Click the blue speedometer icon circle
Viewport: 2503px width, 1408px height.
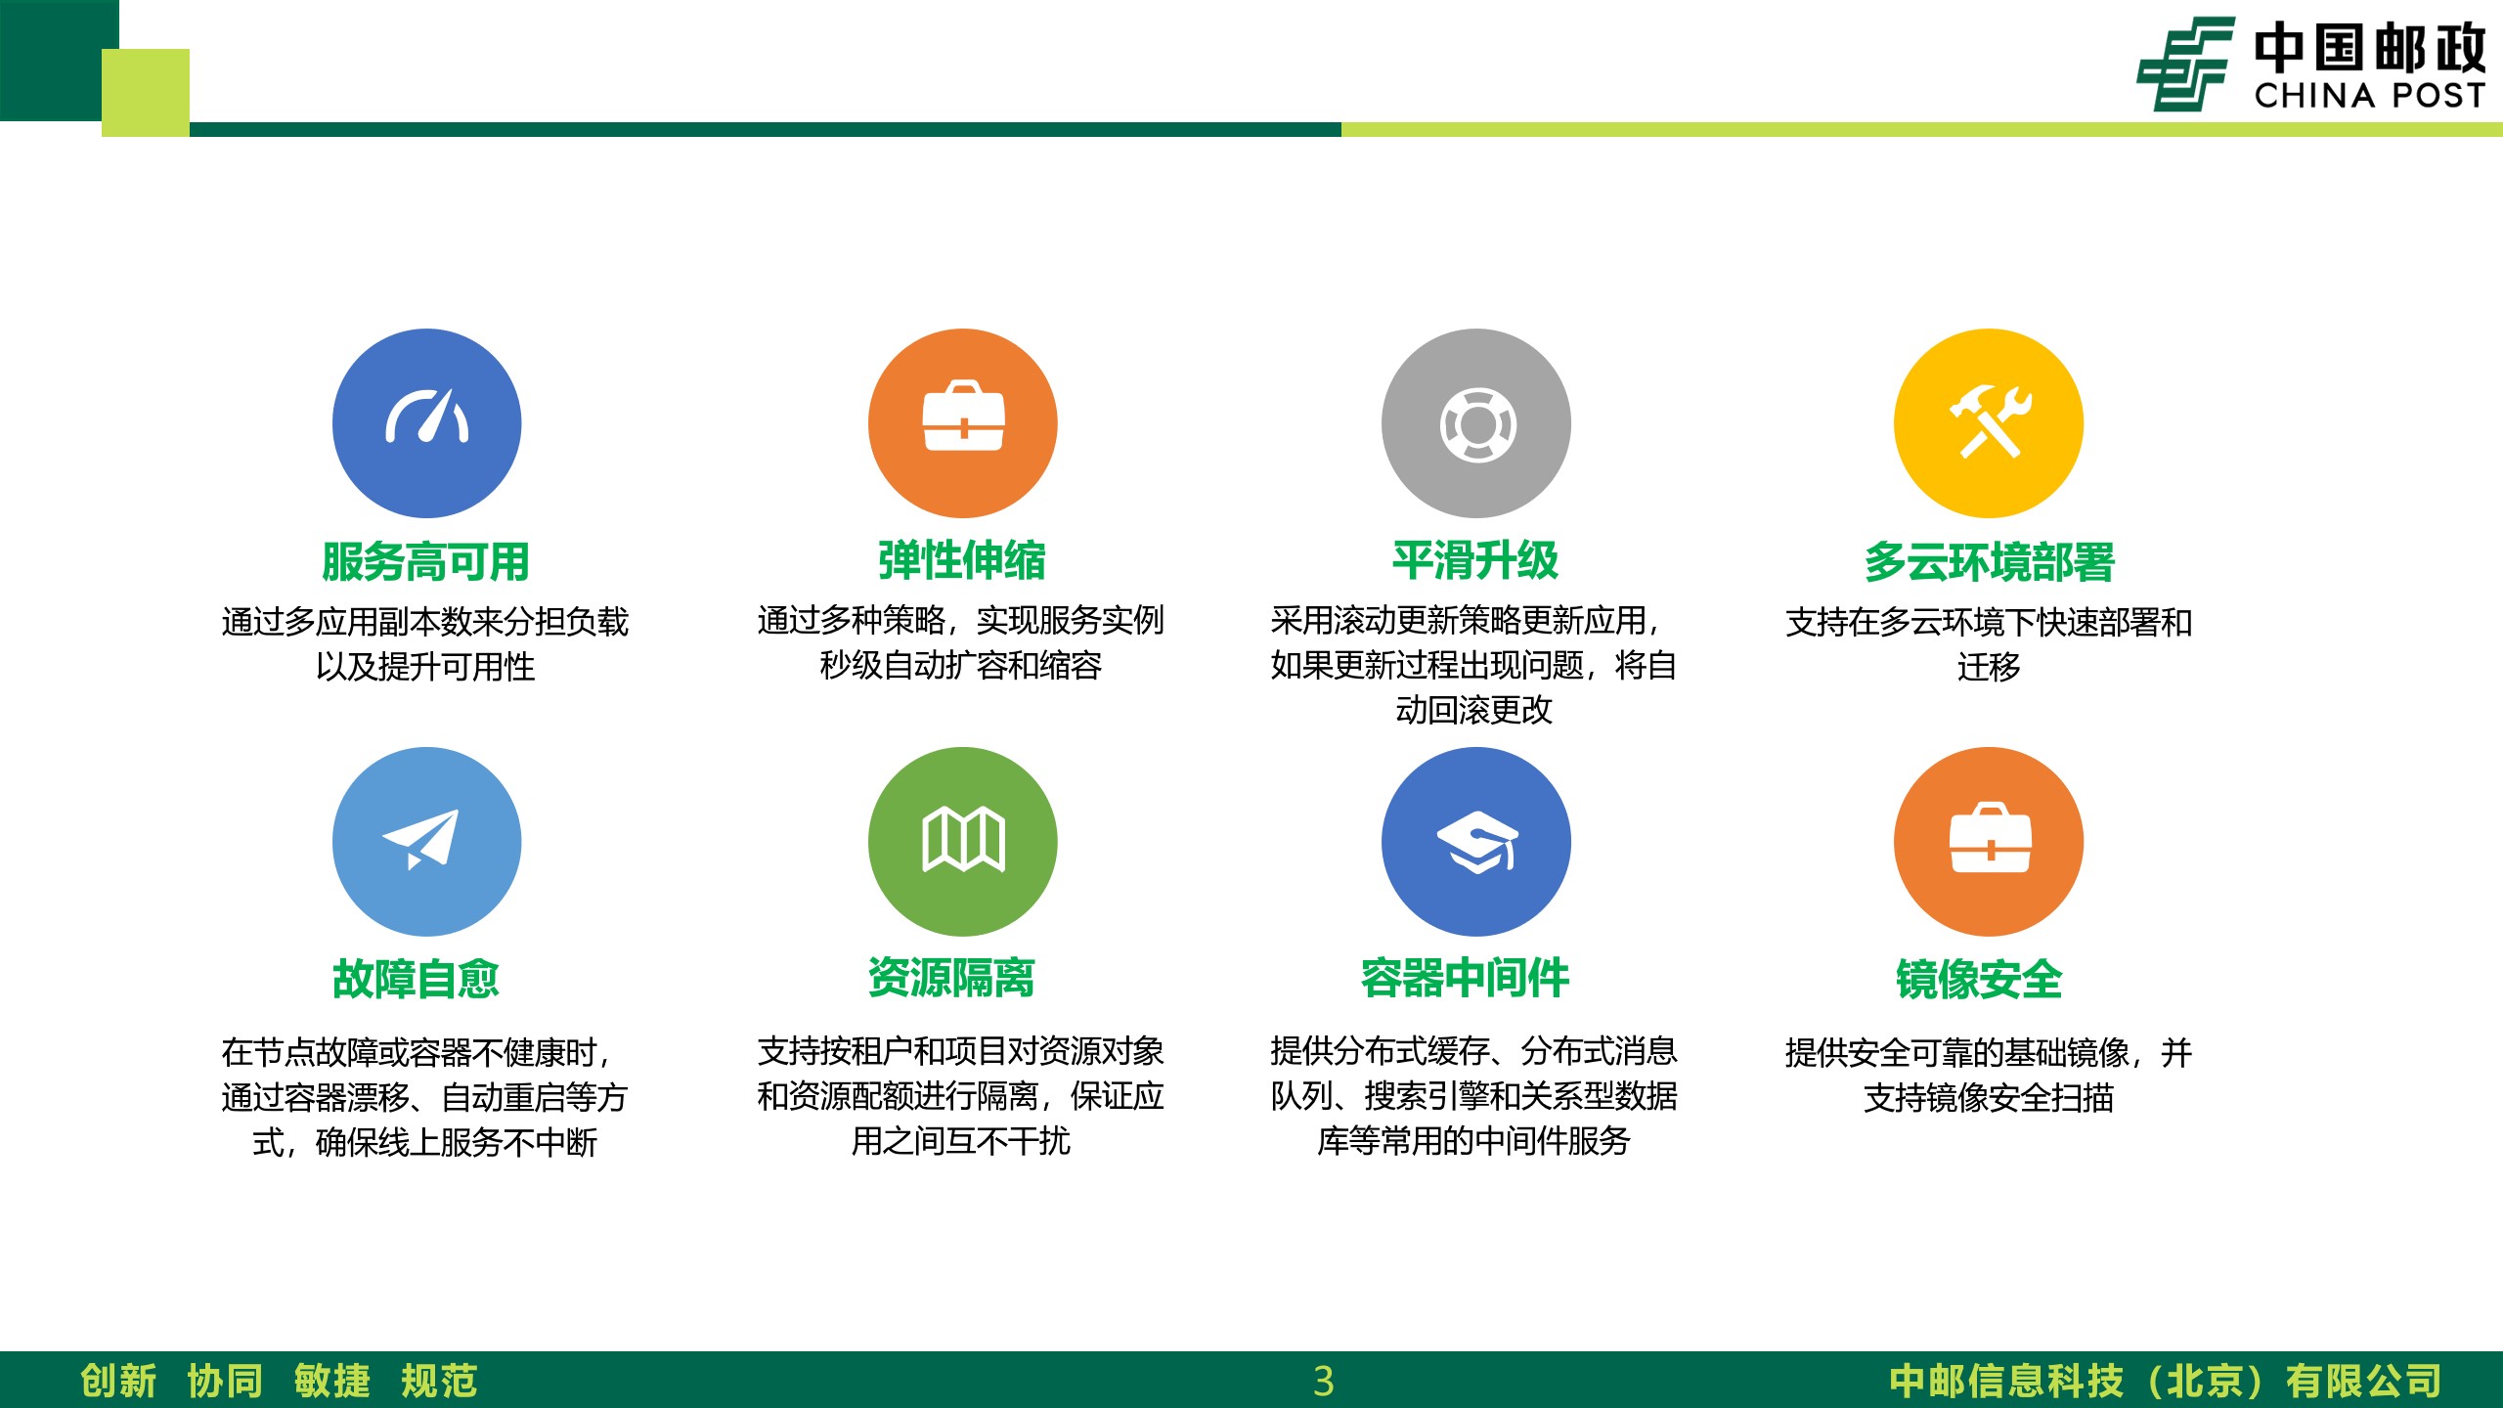(426, 423)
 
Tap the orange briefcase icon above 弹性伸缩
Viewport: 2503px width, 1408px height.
(963, 423)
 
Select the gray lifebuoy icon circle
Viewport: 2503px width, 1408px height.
(1476, 423)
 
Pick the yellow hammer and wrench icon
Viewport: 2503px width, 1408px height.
(1989, 423)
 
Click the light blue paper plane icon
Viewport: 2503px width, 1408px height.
(426, 842)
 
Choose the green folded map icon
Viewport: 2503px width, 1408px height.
(963, 842)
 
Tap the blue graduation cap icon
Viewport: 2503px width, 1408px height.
(1476, 842)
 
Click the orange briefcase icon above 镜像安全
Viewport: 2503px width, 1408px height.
(1989, 842)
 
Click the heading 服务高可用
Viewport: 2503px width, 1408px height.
(426, 561)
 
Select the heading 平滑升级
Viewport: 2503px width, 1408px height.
(1475, 560)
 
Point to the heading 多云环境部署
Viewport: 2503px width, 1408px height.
(1989, 561)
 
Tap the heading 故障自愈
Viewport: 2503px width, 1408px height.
(417, 979)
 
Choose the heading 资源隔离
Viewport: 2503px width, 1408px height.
(951, 978)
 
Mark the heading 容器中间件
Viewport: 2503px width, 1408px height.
(1465, 978)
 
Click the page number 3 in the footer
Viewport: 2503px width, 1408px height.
(1324, 1381)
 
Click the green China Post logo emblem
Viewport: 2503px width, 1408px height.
(2186, 64)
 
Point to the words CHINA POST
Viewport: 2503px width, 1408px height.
(2370, 95)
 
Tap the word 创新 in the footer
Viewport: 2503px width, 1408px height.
(118, 1381)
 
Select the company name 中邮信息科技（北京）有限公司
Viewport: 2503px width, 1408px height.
(2166, 1381)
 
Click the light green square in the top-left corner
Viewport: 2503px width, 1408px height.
(146, 93)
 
